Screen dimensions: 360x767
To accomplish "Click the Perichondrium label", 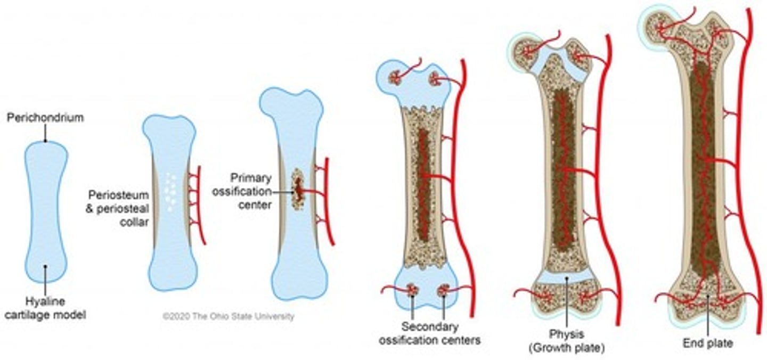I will pyautogui.click(x=45, y=118).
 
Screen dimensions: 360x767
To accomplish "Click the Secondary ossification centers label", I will pyautogui.click(x=429, y=333).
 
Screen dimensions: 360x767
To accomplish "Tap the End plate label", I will pyautogui.click(x=708, y=343).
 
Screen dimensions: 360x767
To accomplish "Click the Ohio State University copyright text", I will pyautogui.click(x=228, y=316).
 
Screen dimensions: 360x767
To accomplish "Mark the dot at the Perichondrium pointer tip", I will pyautogui.click(x=45, y=141).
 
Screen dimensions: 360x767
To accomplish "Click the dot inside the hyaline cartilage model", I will pyautogui.click(x=45, y=266).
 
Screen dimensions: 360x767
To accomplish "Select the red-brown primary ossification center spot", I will pyautogui.click(x=298, y=189).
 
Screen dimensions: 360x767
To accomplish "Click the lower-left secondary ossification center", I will pyautogui.click(x=411, y=290).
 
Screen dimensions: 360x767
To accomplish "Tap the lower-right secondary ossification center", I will pyautogui.click(x=443, y=291).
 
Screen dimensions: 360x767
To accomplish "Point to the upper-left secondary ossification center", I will pyautogui.click(x=396, y=78).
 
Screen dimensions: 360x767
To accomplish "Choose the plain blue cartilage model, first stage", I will pyautogui.click(x=46, y=208).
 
